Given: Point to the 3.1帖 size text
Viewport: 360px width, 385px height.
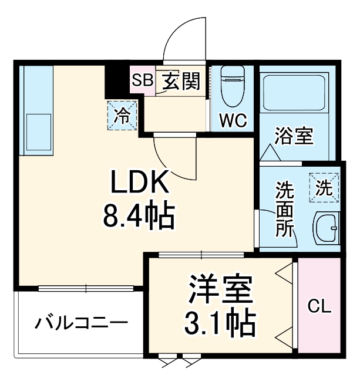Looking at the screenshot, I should coord(220,321).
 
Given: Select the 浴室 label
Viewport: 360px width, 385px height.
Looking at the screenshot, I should coord(294,137).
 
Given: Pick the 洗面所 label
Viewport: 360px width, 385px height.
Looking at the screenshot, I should coord(285,210).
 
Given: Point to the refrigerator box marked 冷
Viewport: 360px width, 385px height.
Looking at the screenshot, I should coord(123,115).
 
